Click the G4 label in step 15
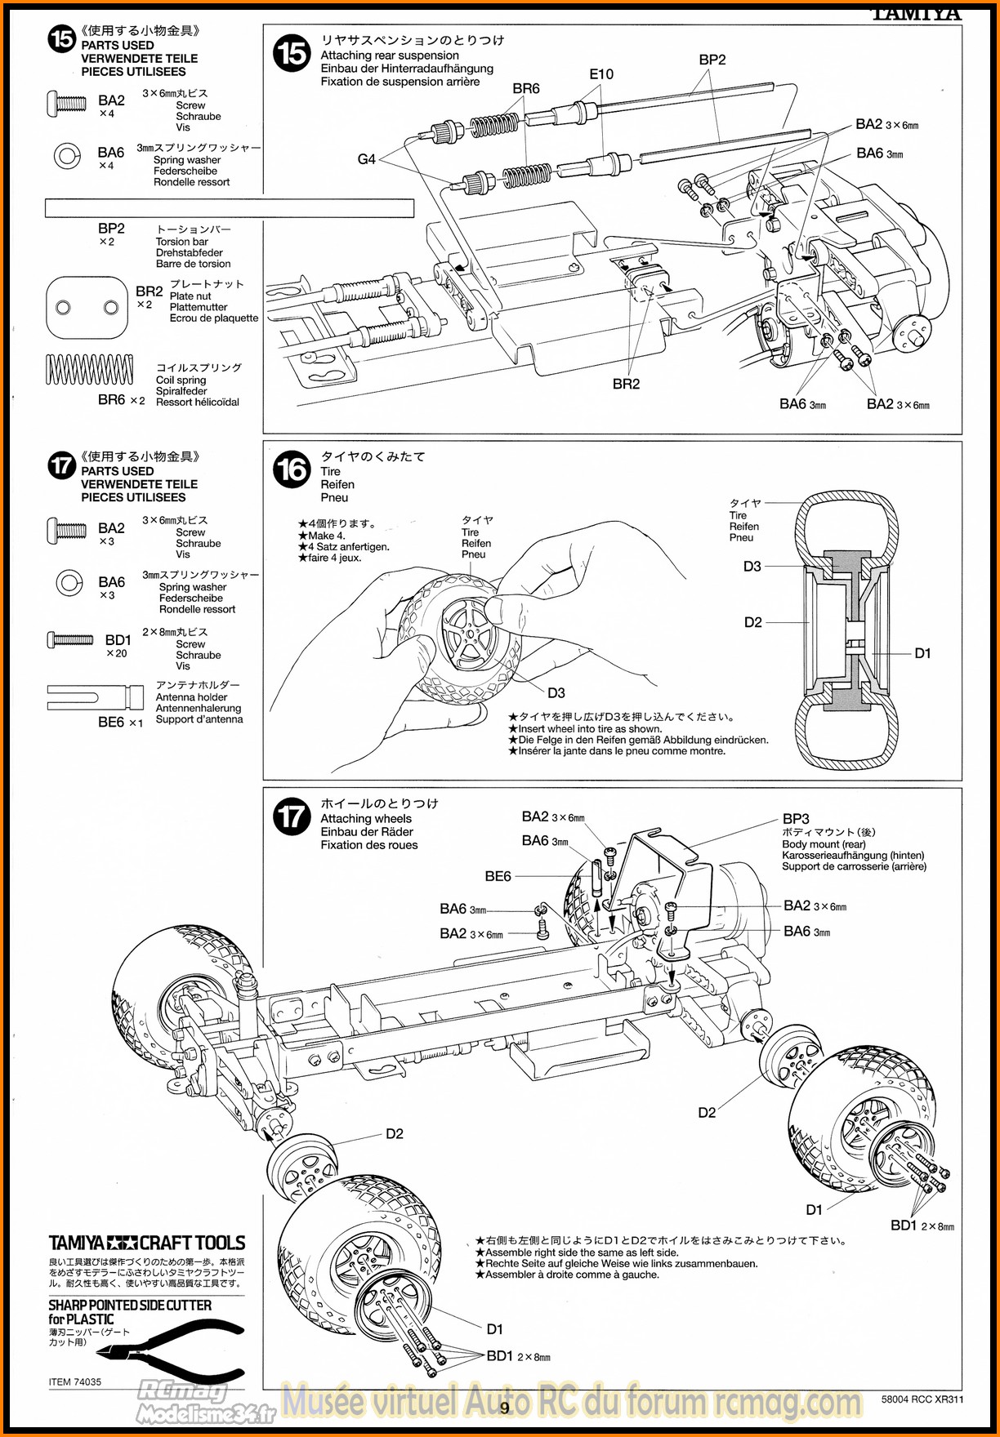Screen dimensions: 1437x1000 pyautogui.click(x=366, y=159)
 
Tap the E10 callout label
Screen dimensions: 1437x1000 pyautogui.click(x=601, y=74)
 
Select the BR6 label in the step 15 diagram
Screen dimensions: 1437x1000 pyautogui.click(x=526, y=89)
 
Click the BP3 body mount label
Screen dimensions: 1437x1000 pyautogui.click(x=796, y=818)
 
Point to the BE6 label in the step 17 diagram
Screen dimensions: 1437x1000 pyautogui.click(x=498, y=876)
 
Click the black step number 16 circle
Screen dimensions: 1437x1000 pyautogui.click(x=292, y=469)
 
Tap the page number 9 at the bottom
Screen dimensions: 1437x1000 pyautogui.click(x=505, y=1407)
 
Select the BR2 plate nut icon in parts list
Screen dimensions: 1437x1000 pyautogui.click(x=88, y=307)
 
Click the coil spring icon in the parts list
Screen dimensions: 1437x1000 pyautogui.click(x=89, y=370)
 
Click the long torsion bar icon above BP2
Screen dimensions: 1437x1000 pyautogui.click(x=229, y=208)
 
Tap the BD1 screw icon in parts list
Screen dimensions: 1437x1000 pyautogui.click(x=70, y=639)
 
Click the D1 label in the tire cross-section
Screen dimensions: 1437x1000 pyautogui.click(x=922, y=653)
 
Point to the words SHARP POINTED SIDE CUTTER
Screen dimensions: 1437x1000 pyautogui.click(x=130, y=1306)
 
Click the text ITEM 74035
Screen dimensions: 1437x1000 pyautogui.click(x=75, y=1382)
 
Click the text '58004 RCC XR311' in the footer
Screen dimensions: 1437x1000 pyautogui.click(x=922, y=1399)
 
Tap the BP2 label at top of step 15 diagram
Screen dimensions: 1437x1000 pyautogui.click(x=712, y=60)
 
